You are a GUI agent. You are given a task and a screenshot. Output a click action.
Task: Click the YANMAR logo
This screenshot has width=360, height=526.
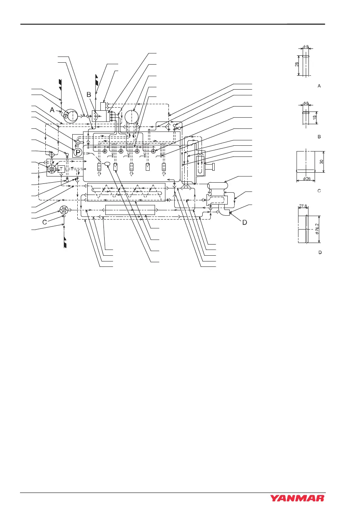pyautogui.click(x=297, y=498)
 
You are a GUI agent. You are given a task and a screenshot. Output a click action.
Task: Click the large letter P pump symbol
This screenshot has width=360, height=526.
pyautogui.click(x=78, y=153)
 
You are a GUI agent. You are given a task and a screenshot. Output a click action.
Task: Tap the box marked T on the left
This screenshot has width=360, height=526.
pyautogui.click(x=61, y=169)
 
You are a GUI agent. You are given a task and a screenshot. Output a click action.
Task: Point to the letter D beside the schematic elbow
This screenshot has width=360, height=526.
pyautogui.click(x=244, y=222)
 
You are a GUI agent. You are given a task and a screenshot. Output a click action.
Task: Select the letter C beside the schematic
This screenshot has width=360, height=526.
pyautogui.click(x=45, y=222)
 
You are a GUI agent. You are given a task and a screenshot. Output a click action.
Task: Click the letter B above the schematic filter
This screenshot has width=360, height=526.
pyautogui.click(x=89, y=94)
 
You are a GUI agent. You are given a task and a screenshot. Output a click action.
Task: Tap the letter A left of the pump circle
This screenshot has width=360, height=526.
pyautogui.click(x=52, y=110)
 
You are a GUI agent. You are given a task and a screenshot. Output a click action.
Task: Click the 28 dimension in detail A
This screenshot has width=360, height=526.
pyautogui.click(x=297, y=65)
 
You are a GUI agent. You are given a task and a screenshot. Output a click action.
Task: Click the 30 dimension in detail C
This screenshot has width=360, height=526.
pyautogui.click(x=321, y=161)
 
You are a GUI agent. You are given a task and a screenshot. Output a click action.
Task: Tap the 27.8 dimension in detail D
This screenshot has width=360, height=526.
pyautogui.click(x=303, y=206)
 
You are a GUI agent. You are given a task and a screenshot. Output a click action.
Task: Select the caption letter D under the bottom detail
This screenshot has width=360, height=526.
pyautogui.click(x=319, y=252)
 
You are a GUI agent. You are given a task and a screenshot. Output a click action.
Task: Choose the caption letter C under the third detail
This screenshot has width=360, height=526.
pyautogui.click(x=319, y=191)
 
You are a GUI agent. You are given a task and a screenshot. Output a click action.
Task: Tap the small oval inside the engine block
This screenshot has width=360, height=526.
pyautogui.click(x=107, y=164)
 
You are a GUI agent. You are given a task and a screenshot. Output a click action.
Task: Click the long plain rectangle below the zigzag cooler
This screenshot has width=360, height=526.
pyautogui.click(x=130, y=210)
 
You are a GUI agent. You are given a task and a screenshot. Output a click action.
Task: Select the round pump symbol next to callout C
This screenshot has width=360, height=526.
pyautogui.click(x=64, y=210)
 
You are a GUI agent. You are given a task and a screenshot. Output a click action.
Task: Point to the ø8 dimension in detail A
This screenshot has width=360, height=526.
pyautogui.click(x=307, y=47)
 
